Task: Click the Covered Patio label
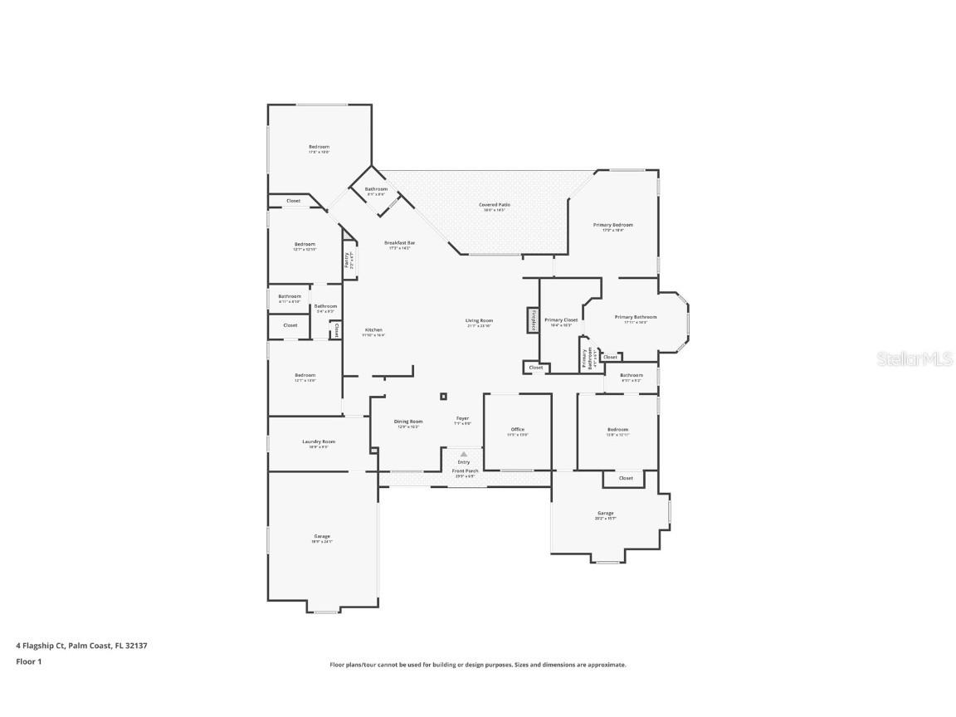[494, 204]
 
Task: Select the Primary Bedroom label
[612, 225]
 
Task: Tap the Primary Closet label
[561, 319]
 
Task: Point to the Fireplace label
[532, 319]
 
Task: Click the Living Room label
[479, 320]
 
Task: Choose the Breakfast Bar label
[399, 242]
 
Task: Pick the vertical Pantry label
[347, 260]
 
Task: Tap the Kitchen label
[373, 329]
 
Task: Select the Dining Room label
[407, 421]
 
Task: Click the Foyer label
[462, 418]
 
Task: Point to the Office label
[517, 429]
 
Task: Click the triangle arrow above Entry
[464, 454]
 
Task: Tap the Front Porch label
[464, 471]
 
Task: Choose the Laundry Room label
[318, 441]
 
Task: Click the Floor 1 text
[28, 661]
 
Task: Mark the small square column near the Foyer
[443, 397]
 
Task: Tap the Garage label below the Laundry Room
[321, 536]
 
